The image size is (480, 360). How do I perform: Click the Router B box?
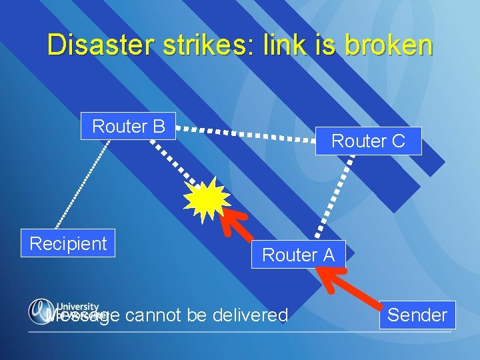tap(128, 126)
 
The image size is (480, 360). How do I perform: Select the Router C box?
tap(368, 141)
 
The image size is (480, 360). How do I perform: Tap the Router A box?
tap(298, 254)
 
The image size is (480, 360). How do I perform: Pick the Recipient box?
tap(68, 243)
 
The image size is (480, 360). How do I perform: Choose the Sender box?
tap(417, 315)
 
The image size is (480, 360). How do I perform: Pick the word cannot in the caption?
tap(149, 315)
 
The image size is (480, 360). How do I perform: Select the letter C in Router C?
tap(398, 141)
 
